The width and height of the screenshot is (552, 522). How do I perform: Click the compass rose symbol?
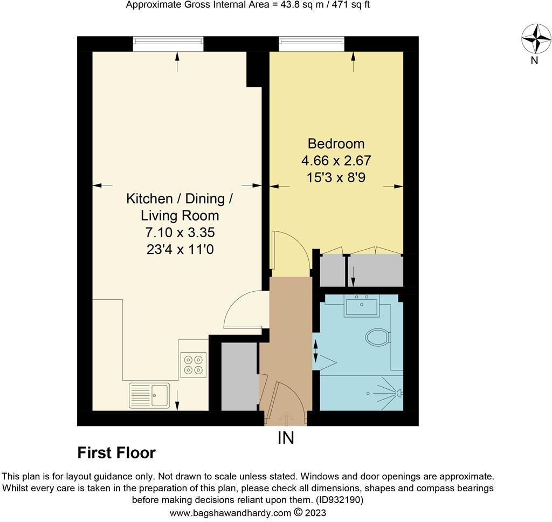click(x=536, y=39)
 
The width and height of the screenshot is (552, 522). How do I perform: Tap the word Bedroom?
click(x=336, y=144)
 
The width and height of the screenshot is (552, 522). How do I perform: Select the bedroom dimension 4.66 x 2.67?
click(x=336, y=161)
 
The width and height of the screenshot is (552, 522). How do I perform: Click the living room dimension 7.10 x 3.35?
click(x=180, y=233)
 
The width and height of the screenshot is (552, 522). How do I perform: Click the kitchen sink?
click(x=149, y=395)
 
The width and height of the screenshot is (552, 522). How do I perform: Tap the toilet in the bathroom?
click(x=377, y=338)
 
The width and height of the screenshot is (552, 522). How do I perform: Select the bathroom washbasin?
click(x=362, y=306)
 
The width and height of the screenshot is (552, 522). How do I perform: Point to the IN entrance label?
click(x=286, y=438)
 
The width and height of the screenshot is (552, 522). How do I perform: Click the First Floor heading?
click(x=116, y=453)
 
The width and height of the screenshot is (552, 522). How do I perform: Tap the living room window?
click(x=168, y=44)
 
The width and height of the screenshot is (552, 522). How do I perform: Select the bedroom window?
click(x=312, y=44)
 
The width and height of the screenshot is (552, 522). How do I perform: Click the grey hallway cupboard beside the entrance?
click(x=239, y=376)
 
